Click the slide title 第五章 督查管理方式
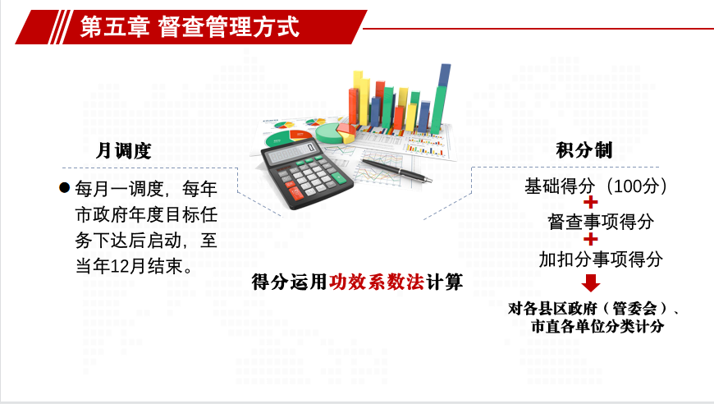(190, 26)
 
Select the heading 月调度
(123, 150)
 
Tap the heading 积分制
(584, 149)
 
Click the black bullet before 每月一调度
(65, 188)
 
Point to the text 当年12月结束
(135, 266)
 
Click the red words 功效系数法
(377, 282)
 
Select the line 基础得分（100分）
(596, 186)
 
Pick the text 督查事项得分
(601, 222)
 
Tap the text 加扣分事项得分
(601, 259)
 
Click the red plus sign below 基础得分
(591, 202)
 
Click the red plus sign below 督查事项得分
(591, 240)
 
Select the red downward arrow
(591, 282)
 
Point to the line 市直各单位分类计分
(597, 326)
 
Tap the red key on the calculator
(295, 192)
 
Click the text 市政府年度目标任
(146, 214)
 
